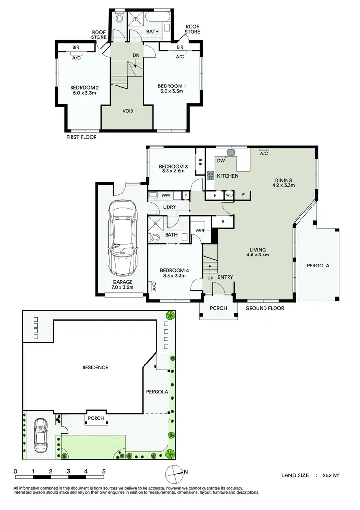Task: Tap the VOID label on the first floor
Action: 128,111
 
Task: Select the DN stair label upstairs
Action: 136,55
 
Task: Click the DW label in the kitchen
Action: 221,161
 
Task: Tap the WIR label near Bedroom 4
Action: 200,231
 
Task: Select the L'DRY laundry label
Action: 169,206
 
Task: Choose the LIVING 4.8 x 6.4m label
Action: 261,252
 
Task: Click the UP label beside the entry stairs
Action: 209,278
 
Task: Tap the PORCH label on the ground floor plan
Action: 218,309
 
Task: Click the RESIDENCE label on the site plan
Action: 95,368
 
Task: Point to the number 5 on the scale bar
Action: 104,471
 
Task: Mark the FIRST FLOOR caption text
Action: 81,137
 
